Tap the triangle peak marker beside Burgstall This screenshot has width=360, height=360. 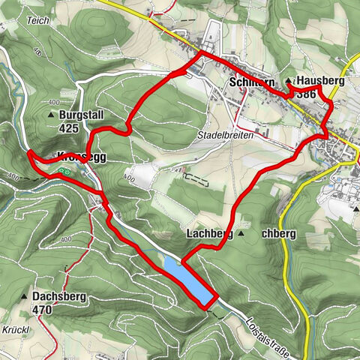click(52, 115)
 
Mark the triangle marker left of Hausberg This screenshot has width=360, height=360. click(288, 80)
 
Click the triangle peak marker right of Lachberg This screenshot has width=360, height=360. click(241, 234)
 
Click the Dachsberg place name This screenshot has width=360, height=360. click(59, 297)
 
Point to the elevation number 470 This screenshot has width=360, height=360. click(42, 309)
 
